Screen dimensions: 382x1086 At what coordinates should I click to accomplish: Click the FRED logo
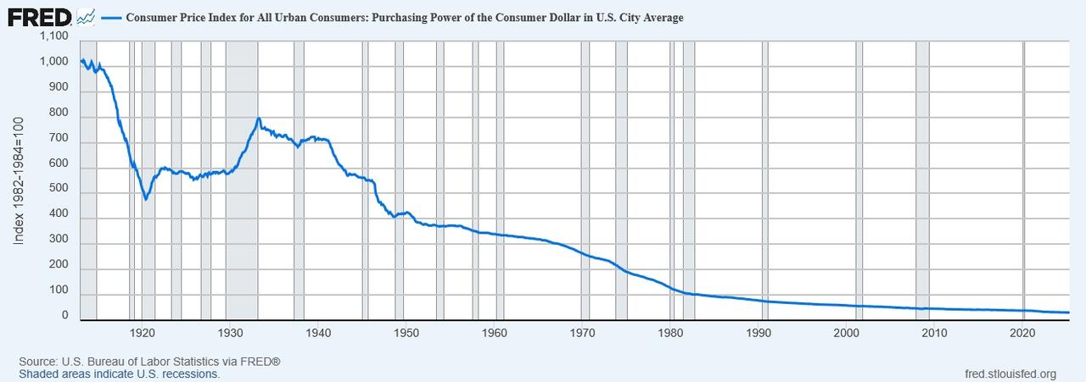point(39,16)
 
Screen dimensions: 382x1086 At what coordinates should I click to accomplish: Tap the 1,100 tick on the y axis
point(53,37)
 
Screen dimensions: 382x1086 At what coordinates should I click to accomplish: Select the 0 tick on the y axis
point(64,316)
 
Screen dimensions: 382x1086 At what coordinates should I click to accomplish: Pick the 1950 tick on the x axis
point(406,331)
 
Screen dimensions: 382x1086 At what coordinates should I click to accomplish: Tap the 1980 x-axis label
point(671,331)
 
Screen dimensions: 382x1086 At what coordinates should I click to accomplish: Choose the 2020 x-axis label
point(1022,331)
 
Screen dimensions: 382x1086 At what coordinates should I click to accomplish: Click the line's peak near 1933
point(259,119)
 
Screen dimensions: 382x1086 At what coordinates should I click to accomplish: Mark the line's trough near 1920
point(146,199)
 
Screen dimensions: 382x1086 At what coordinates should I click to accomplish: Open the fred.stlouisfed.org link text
point(1010,374)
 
